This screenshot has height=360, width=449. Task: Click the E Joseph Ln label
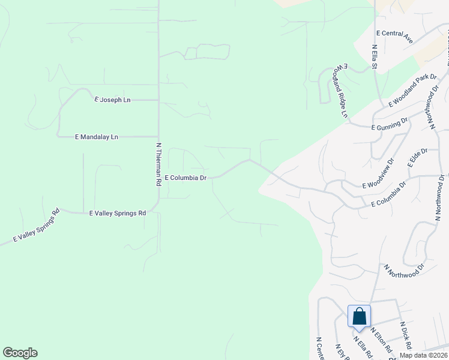[112, 100]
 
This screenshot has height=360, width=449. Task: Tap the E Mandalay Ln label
[96, 137]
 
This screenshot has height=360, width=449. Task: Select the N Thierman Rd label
[159, 164]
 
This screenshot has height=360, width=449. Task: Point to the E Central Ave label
[394, 37]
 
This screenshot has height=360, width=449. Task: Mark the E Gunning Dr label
[389, 128]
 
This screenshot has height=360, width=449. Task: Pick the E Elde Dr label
[416, 158]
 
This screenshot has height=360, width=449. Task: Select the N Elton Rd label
[381, 340]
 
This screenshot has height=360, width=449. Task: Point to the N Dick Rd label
[406, 335]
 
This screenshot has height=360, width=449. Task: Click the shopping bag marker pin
[359, 317]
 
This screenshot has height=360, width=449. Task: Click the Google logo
[20, 353]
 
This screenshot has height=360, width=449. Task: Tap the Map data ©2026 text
[424, 355]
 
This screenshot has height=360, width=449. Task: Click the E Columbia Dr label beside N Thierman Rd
[185, 178]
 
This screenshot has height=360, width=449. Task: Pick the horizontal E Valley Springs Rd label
[118, 213]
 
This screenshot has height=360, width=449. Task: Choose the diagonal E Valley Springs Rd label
[37, 226]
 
